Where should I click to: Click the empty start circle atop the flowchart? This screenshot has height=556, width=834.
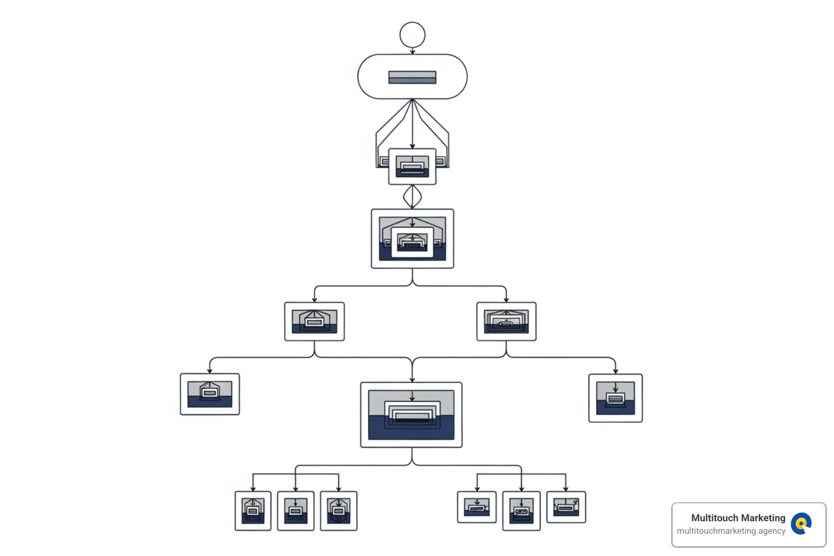(x=412, y=35)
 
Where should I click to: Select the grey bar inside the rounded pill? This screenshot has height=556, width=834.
(x=412, y=77)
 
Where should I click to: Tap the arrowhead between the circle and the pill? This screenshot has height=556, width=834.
(x=412, y=52)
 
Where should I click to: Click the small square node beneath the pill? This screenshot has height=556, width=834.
(x=412, y=166)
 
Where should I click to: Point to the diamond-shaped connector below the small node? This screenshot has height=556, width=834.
(x=412, y=197)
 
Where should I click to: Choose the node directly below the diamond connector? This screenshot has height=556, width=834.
(x=412, y=238)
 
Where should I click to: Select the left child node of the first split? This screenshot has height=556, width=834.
(x=314, y=321)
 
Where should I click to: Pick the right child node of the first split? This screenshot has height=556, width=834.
(x=506, y=321)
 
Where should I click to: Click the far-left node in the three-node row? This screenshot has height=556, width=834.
(x=210, y=394)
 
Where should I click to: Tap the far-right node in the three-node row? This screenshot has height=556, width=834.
(x=615, y=398)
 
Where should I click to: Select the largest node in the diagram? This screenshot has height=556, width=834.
(x=411, y=415)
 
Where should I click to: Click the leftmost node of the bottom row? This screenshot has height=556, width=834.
(x=253, y=511)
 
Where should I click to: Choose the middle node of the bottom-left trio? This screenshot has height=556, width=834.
(x=295, y=511)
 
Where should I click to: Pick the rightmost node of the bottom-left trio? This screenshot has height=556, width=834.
(x=339, y=511)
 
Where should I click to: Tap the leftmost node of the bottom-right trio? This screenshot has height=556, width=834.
(x=477, y=507)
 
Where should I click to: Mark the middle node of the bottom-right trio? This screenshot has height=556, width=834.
(x=521, y=511)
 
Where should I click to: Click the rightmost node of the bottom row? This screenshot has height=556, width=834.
(x=566, y=507)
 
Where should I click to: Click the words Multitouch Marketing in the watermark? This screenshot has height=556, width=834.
(x=738, y=518)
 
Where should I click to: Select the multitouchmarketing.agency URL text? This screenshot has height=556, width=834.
(x=731, y=531)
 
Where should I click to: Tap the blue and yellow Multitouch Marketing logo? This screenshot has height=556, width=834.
(x=801, y=524)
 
